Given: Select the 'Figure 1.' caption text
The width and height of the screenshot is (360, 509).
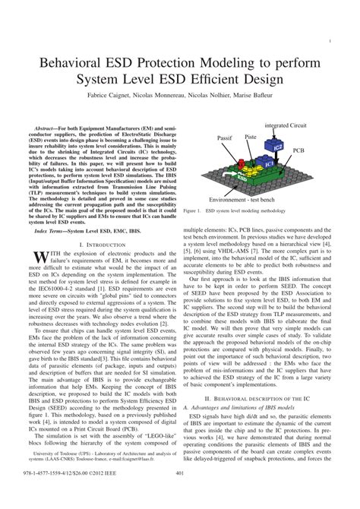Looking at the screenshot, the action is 195,210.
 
